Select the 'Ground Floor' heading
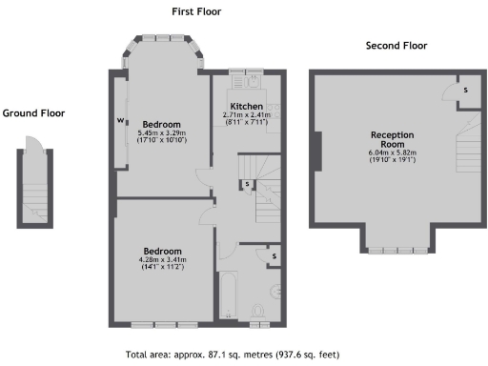33,112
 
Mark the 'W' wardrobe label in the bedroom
121,120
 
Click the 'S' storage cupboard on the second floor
465,89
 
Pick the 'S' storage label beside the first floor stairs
247,183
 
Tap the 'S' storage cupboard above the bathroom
274,255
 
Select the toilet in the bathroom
257,310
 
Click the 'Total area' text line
243,352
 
